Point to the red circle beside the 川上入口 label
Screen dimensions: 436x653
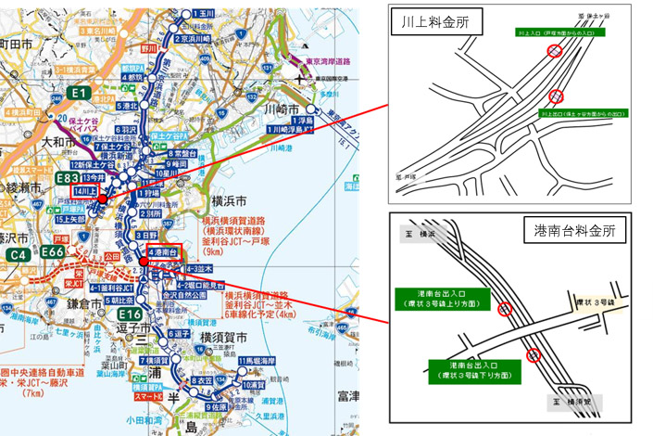pyautogui.click(x=555, y=52)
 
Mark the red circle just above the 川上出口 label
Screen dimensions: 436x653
pyautogui.click(x=556, y=96)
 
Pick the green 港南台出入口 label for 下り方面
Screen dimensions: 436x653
pyautogui.click(x=474, y=371)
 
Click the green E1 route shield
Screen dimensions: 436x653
pyautogui.click(x=80, y=93)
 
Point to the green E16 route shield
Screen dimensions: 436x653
pyautogui.click(x=131, y=315)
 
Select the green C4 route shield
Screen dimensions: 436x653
pyautogui.click(x=17, y=253)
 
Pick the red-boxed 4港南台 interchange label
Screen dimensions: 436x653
pyautogui.click(x=161, y=252)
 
